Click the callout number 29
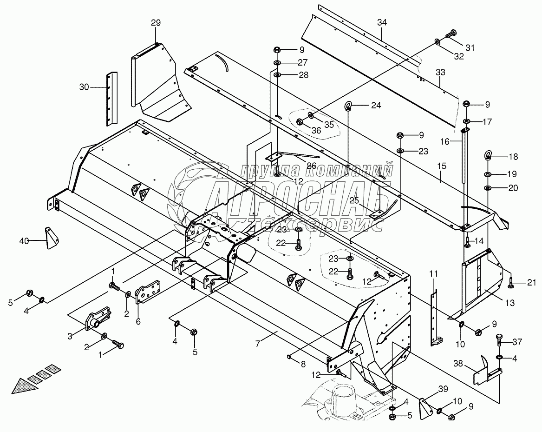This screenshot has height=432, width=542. coord(156,23)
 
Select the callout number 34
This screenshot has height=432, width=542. coord(382,22)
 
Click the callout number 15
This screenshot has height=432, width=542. coord(441,166)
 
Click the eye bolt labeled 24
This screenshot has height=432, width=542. coord(348,106)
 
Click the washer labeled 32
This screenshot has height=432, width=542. coord(437,42)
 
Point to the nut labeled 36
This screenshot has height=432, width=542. coord(300,121)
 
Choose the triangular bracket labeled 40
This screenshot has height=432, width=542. coord(51,238)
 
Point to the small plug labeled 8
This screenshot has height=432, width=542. coord(289,356)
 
